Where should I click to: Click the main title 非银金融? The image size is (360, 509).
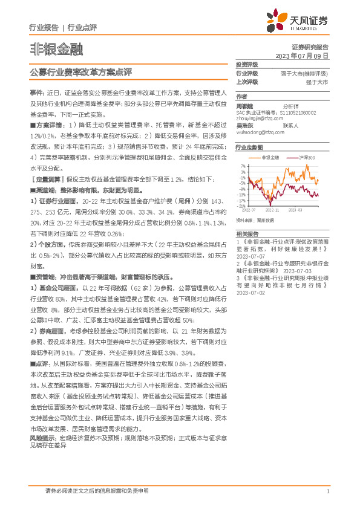tap(56, 48)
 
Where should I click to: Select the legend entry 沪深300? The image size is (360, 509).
tap(308, 157)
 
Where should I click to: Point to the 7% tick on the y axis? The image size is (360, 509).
tap(243, 165)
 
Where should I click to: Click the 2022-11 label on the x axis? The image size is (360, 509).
tap(271, 210)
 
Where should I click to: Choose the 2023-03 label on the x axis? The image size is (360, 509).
tap(295, 210)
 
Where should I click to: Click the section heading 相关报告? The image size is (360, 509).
tap(247, 233)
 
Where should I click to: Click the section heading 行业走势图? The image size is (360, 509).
tap(249, 147)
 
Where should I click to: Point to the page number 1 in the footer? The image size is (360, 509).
tap(327, 491)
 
